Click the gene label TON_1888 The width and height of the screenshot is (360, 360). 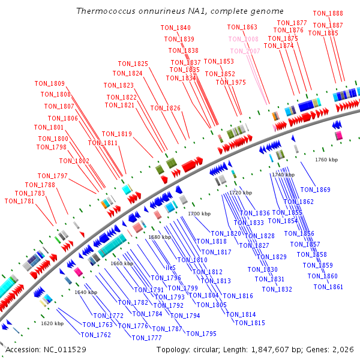click(x=328, y=13)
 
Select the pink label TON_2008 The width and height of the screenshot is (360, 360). click(x=243, y=40)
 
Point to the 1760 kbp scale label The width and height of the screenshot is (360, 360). click(x=327, y=160)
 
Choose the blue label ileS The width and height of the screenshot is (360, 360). click(x=170, y=268)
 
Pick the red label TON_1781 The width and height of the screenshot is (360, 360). click(x=20, y=202)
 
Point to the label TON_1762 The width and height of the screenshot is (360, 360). click(x=96, y=335)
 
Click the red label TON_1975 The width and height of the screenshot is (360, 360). click(x=230, y=83)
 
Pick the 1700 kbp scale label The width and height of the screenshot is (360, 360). click(x=199, y=214)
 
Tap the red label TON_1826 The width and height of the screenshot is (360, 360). click(x=165, y=109)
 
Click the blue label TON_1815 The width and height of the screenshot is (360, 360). click(x=250, y=323)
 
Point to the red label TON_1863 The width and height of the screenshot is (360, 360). click(x=242, y=28)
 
